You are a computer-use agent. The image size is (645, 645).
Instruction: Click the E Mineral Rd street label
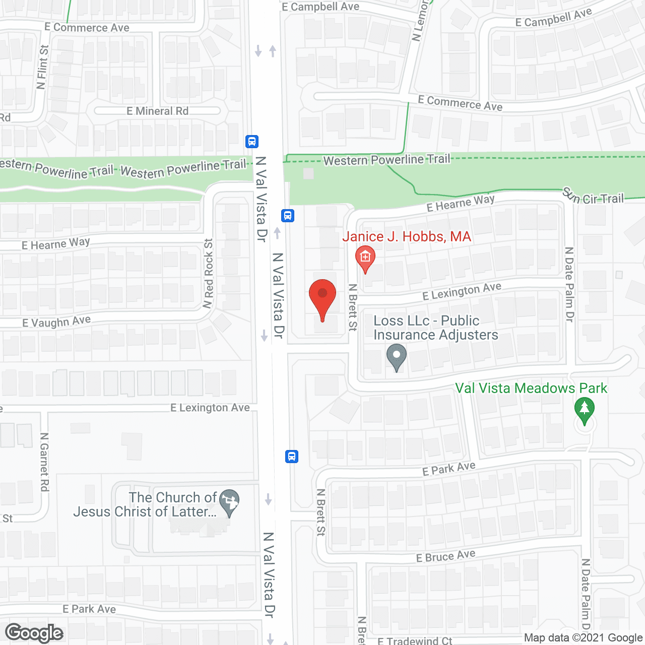point(157,111)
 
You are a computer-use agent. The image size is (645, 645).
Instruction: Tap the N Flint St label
point(43,67)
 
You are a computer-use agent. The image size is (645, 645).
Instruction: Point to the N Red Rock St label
point(208,273)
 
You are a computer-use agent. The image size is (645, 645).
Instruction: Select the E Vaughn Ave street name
point(56,321)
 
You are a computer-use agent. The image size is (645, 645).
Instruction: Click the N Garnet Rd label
point(44,462)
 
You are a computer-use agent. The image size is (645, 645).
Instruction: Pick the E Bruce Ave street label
point(445,556)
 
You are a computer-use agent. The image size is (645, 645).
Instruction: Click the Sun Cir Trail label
point(593,197)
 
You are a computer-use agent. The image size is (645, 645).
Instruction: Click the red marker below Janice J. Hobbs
point(365,258)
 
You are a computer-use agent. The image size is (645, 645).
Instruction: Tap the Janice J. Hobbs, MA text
point(407,236)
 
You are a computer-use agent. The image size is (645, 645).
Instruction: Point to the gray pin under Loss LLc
point(397,357)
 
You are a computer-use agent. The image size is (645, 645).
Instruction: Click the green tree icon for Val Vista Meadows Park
point(585,410)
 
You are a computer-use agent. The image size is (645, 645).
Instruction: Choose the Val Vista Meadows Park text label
point(531,388)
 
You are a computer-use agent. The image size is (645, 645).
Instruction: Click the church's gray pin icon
point(230,502)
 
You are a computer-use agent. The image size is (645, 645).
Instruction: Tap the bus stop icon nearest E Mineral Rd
point(252,142)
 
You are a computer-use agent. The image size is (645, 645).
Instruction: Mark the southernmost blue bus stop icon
point(292,457)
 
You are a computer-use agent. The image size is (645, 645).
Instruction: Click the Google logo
point(34,633)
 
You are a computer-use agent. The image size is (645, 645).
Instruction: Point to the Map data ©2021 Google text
point(584,638)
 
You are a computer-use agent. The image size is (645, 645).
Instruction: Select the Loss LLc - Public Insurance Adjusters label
point(435,328)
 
